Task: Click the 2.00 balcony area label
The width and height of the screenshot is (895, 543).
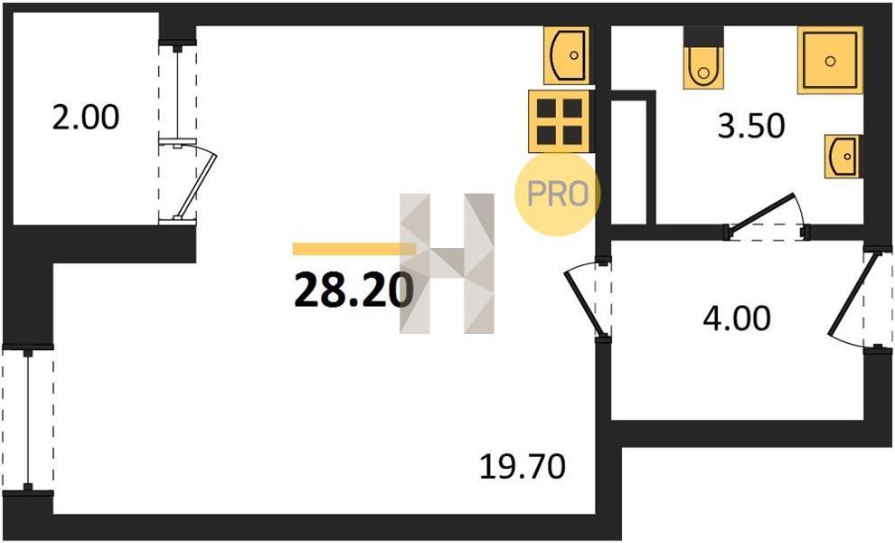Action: click(86, 119)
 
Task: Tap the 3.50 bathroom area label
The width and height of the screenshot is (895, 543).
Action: click(751, 127)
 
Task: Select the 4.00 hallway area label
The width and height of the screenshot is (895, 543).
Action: click(737, 319)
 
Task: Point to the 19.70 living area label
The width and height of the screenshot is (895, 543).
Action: click(523, 466)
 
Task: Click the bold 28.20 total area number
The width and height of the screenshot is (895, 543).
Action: click(353, 290)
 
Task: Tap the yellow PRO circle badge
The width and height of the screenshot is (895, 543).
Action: click(557, 194)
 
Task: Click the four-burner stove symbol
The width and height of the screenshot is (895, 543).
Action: click(560, 121)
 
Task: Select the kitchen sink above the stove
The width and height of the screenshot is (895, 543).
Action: click(566, 55)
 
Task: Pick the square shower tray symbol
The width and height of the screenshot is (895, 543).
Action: click(830, 60)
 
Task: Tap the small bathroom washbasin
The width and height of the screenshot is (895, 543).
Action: click(843, 157)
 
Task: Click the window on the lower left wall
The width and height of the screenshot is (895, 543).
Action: click(27, 418)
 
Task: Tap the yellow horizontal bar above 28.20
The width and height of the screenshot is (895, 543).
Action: click(353, 249)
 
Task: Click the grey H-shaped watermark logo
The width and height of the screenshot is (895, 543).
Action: click(447, 263)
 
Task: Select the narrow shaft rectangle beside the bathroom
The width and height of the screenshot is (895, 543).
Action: click(629, 162)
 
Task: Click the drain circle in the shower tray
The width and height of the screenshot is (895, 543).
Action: click(830, 61)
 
